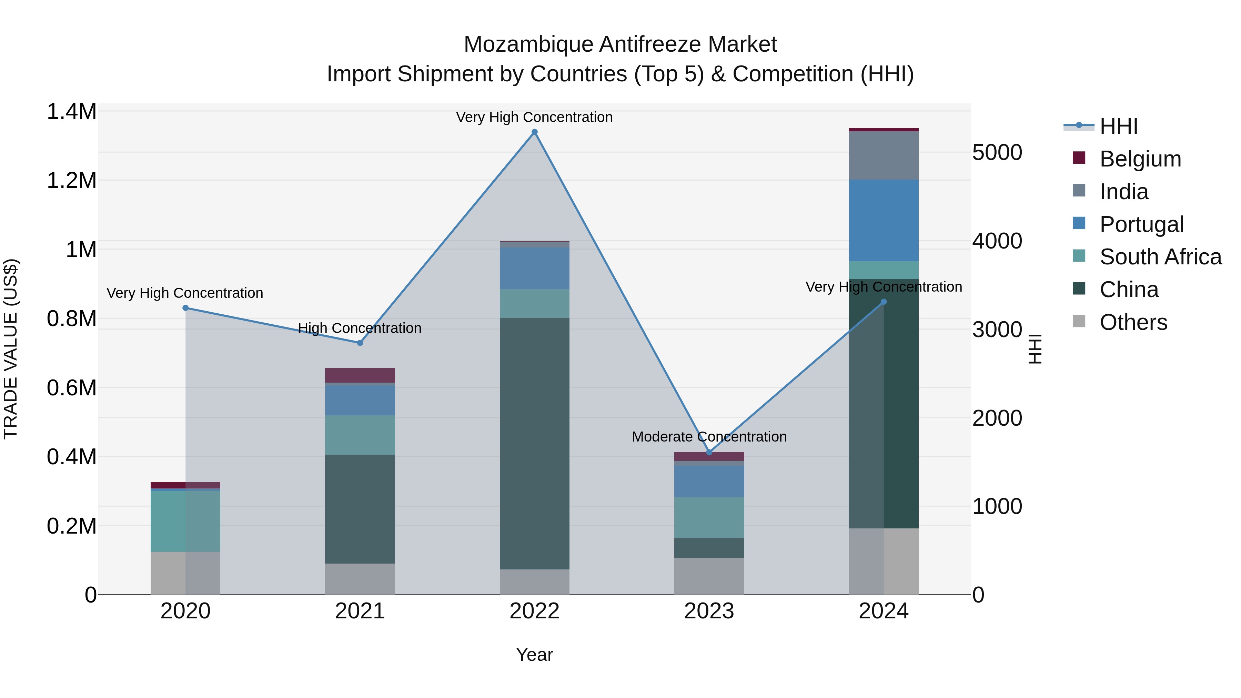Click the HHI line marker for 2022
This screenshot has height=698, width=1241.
click(x=534, y=132)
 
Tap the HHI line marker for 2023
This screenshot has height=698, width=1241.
click(x=709, y=452)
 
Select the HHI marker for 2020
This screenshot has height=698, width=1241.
click(x=185, y=308)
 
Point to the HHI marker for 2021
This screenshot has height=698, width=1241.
click(x=360, y=343)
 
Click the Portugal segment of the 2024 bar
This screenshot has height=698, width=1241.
click(x=884, y=221)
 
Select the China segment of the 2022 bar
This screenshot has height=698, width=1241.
click(x=534, y=443)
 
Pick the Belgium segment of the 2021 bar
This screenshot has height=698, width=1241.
click(x=360, y=375)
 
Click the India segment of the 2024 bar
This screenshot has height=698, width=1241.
click(x=884, y=155)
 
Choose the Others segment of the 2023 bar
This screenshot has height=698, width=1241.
click(x=709, y=576)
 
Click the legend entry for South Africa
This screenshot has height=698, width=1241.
click(x=1160, y=257)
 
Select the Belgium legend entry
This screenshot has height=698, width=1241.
click(x=1140, y=159)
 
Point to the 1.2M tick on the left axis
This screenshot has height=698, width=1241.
click(x=72, y=181)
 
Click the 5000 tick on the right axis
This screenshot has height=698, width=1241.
click(x=997, y=152)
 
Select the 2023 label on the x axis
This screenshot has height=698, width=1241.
click(x=709, y=611)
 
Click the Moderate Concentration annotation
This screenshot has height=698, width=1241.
click(x=709, y=437)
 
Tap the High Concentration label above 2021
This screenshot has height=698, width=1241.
click(x=360, y=328)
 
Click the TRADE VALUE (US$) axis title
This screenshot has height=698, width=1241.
click(x=11, y=349)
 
